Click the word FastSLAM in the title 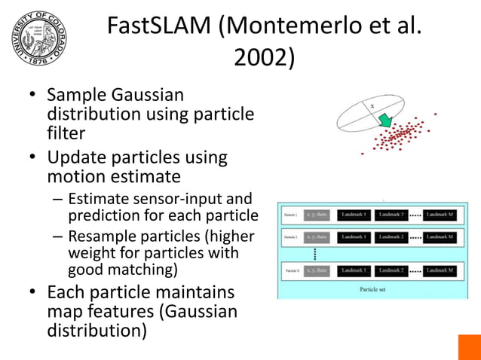click(x=158, y=26)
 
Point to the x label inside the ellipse click(x=372, y=106)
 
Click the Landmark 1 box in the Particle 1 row click(x=354, y=215)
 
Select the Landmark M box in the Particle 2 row click(x=439, y=237)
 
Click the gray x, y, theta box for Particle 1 click(x=317, y=215)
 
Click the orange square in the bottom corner click(x=469, y=347)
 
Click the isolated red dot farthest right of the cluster click(x=435, y=114)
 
